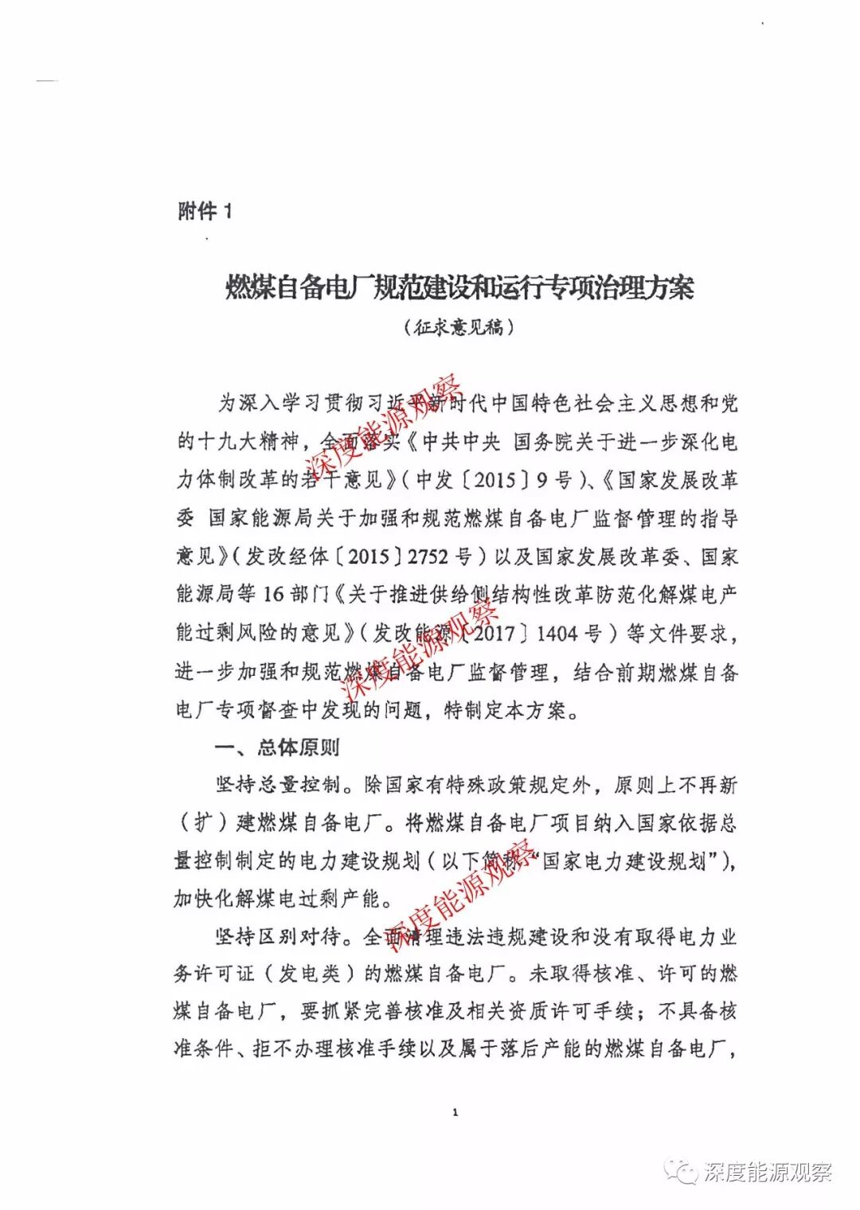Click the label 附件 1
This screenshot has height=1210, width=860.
coord(205,211)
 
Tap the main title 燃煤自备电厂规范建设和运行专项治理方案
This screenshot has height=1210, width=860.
coord(459,287)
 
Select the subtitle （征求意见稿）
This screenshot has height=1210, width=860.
coord(459,327)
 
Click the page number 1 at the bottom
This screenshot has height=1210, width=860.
coord(455,1112)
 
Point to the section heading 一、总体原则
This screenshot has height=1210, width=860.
coord(277,747)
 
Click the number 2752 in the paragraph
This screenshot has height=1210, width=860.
coord(428,556)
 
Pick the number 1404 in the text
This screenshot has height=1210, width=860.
coord(557,634)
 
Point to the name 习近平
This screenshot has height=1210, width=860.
coord(405,403)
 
